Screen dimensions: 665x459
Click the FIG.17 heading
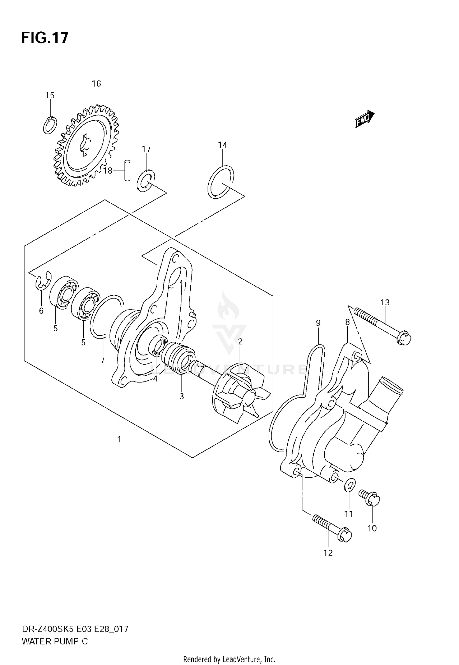45,38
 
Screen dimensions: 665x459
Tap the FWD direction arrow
364,119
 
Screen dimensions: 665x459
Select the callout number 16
96,84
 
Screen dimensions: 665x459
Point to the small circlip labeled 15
50,125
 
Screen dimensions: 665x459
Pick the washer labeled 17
145,181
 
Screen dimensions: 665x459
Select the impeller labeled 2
242,393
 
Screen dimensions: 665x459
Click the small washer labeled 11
349,485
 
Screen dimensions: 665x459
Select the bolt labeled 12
332,529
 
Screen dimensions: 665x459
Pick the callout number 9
318,323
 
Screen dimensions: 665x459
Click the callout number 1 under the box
119,439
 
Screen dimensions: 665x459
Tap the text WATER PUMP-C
55,641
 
